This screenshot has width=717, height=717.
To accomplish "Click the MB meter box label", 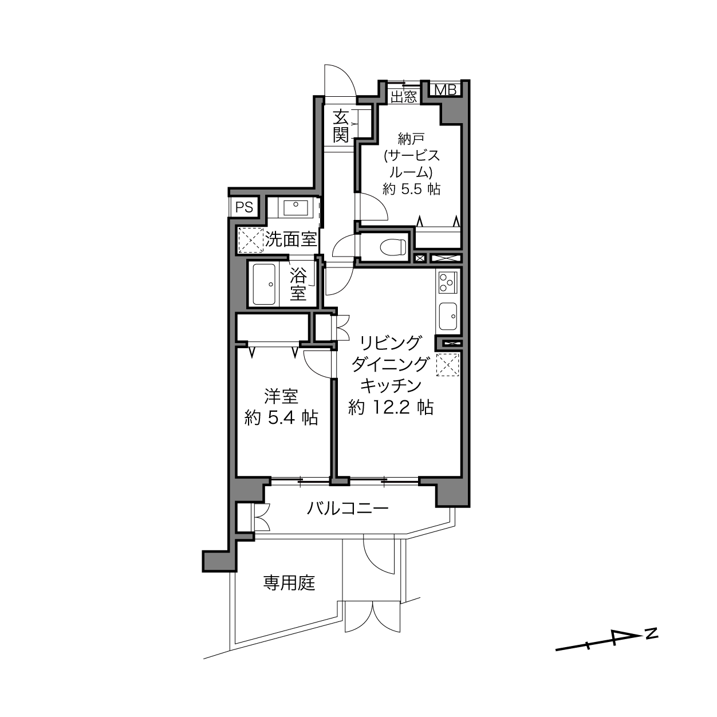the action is click(446, 90).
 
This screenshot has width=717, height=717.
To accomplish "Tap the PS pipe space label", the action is click(244, 207).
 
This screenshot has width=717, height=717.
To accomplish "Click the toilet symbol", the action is click(392, 247).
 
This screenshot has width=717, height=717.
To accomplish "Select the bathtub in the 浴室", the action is click(264, 284).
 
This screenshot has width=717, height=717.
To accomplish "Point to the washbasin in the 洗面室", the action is click(296, 208).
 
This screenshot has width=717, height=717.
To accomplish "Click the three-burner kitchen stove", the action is click(448, 282).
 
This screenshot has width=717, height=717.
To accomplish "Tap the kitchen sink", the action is click(448, 316).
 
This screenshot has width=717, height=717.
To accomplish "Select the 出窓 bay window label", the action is click(404, 97).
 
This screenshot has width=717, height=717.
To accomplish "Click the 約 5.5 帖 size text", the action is click(412, 190).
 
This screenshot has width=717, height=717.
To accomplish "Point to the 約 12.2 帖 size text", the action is click(391, 407).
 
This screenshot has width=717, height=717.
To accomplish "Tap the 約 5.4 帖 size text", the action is click(281, 417).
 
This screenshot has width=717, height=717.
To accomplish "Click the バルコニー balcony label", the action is click(348, 508).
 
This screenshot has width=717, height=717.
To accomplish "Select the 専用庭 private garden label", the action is click(289, 582).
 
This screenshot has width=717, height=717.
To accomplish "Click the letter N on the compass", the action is click(651, 633).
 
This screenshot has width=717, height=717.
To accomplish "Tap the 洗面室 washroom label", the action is click(290, 239).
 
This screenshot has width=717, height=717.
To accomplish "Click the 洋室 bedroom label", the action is click(281, 396).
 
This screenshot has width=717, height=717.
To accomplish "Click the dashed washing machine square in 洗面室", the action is click(250, 240).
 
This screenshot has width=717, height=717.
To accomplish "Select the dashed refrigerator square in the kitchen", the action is click(448, 365).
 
